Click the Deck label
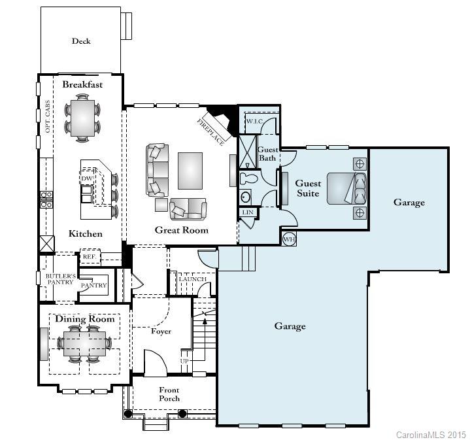81,41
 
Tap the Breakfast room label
82,84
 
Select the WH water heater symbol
289,239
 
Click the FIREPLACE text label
210,133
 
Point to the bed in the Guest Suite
346,188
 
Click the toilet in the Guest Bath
248,179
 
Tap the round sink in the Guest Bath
246,197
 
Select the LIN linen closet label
248,212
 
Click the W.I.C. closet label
255,122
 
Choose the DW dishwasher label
87,178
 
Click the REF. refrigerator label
90,257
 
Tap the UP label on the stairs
184,361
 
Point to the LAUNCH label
193,279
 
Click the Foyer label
161,331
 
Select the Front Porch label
169,394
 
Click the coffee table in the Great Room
190,171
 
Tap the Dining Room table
84,343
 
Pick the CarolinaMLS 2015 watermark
430,434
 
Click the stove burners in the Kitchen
46,199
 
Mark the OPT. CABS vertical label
47,116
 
